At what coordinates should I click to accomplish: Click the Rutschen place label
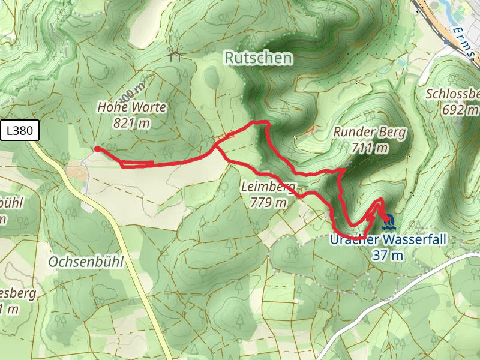tap(259, 58)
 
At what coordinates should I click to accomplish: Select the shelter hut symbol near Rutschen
tap(175, 56)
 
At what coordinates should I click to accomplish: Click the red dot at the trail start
tap(97, 149)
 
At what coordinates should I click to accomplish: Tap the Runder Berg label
tap(370, 133)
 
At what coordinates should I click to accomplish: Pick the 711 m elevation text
tap(370, 148)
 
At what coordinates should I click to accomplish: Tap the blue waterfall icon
tap(388, 223)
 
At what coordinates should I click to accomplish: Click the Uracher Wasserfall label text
tap(388, 240)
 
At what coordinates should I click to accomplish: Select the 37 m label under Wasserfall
tap(387, 255)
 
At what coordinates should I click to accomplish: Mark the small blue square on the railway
tap(446, 43)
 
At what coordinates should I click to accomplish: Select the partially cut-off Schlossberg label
tap(454, 94)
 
